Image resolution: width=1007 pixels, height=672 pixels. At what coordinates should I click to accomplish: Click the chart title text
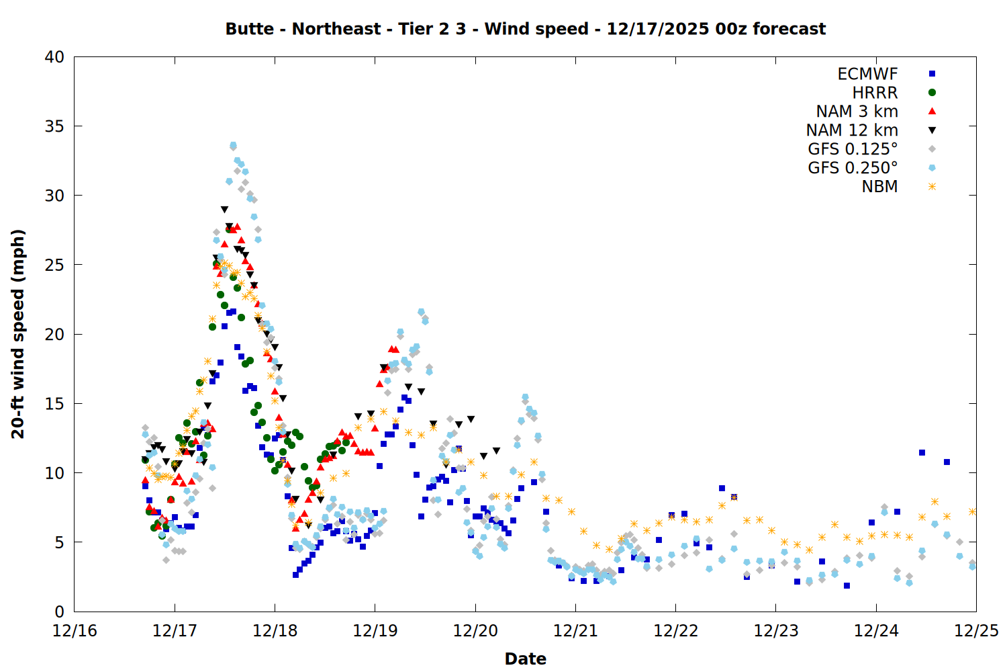tap(525, 29)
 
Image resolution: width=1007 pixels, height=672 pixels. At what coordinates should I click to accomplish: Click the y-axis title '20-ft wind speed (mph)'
tap(18, 334)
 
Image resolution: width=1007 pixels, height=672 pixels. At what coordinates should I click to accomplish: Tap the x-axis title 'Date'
tap(525, 659)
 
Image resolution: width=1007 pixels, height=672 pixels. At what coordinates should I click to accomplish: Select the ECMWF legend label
tap(867, 74)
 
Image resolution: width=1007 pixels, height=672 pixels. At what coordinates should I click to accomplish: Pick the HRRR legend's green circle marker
tap(932, 93)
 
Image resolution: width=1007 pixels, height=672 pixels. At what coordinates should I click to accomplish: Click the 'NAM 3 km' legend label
tap(857, 112)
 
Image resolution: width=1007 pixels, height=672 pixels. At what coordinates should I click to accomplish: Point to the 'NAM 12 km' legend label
tap(852, 130)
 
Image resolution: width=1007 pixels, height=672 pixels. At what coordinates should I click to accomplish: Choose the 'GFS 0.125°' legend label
tap(853, 149)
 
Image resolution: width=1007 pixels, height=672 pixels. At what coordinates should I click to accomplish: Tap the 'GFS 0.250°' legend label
tap(853, 168)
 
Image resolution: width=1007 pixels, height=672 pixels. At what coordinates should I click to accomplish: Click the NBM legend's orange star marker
tap(932, 187)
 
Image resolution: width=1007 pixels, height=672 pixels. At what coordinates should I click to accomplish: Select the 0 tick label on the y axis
tap(59, 612)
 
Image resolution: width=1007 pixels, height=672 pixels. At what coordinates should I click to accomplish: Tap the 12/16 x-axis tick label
tap(75, 631)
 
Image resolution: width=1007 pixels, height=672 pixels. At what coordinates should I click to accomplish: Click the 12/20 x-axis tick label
tap(475, 631)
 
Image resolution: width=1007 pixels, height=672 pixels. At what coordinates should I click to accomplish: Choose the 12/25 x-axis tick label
tap(976, 631)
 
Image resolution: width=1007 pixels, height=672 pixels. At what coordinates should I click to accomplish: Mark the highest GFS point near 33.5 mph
tap(233, 145)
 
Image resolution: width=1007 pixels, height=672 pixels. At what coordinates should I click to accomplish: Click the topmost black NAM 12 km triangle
tap(224, 210)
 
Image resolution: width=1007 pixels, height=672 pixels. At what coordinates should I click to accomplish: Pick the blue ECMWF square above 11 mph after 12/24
tap(922, 453)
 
